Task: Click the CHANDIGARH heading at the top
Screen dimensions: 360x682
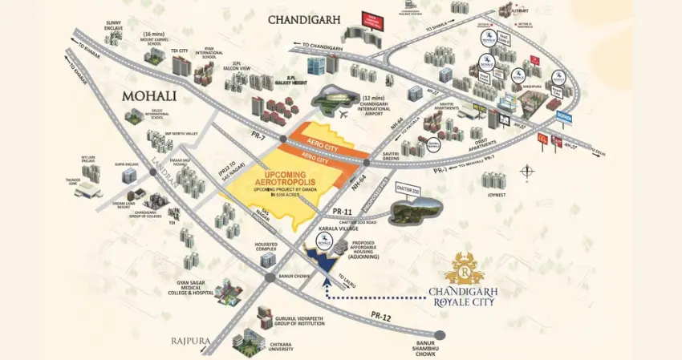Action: coord(305,19)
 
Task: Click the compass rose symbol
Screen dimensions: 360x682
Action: coord(526,170)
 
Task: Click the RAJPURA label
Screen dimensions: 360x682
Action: coord(190,341)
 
